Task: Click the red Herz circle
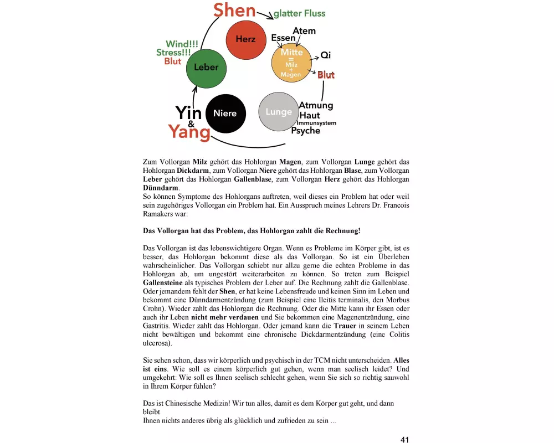(x=245, y=39)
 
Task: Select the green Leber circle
(x=206, y=68)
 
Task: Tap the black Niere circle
(x=224, y=114)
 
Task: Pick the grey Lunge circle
(x=279, y=112)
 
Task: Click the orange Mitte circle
(x=291, y=62)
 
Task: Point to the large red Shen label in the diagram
(x=234, y=10)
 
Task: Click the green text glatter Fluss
(x=299, y=13)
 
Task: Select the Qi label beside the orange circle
(x=326, y=55)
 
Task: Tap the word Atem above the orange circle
(x=304, y=31)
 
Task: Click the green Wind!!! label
(x=183, y=44)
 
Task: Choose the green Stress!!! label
(x=175, y=53)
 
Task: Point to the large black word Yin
(x=188, y=112)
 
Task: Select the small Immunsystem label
(x=316, y=123)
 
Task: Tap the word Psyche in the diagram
(x=306, y=131)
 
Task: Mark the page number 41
(x=404, y=439)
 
